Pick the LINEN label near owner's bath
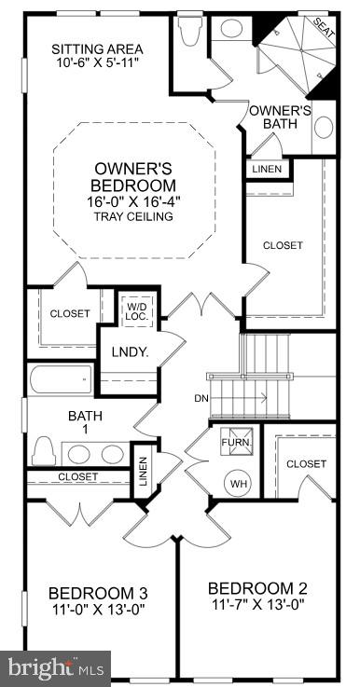(268, 170)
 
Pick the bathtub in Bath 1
(61, 379)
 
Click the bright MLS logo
(56, 667)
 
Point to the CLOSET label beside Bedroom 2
(306, 463)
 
